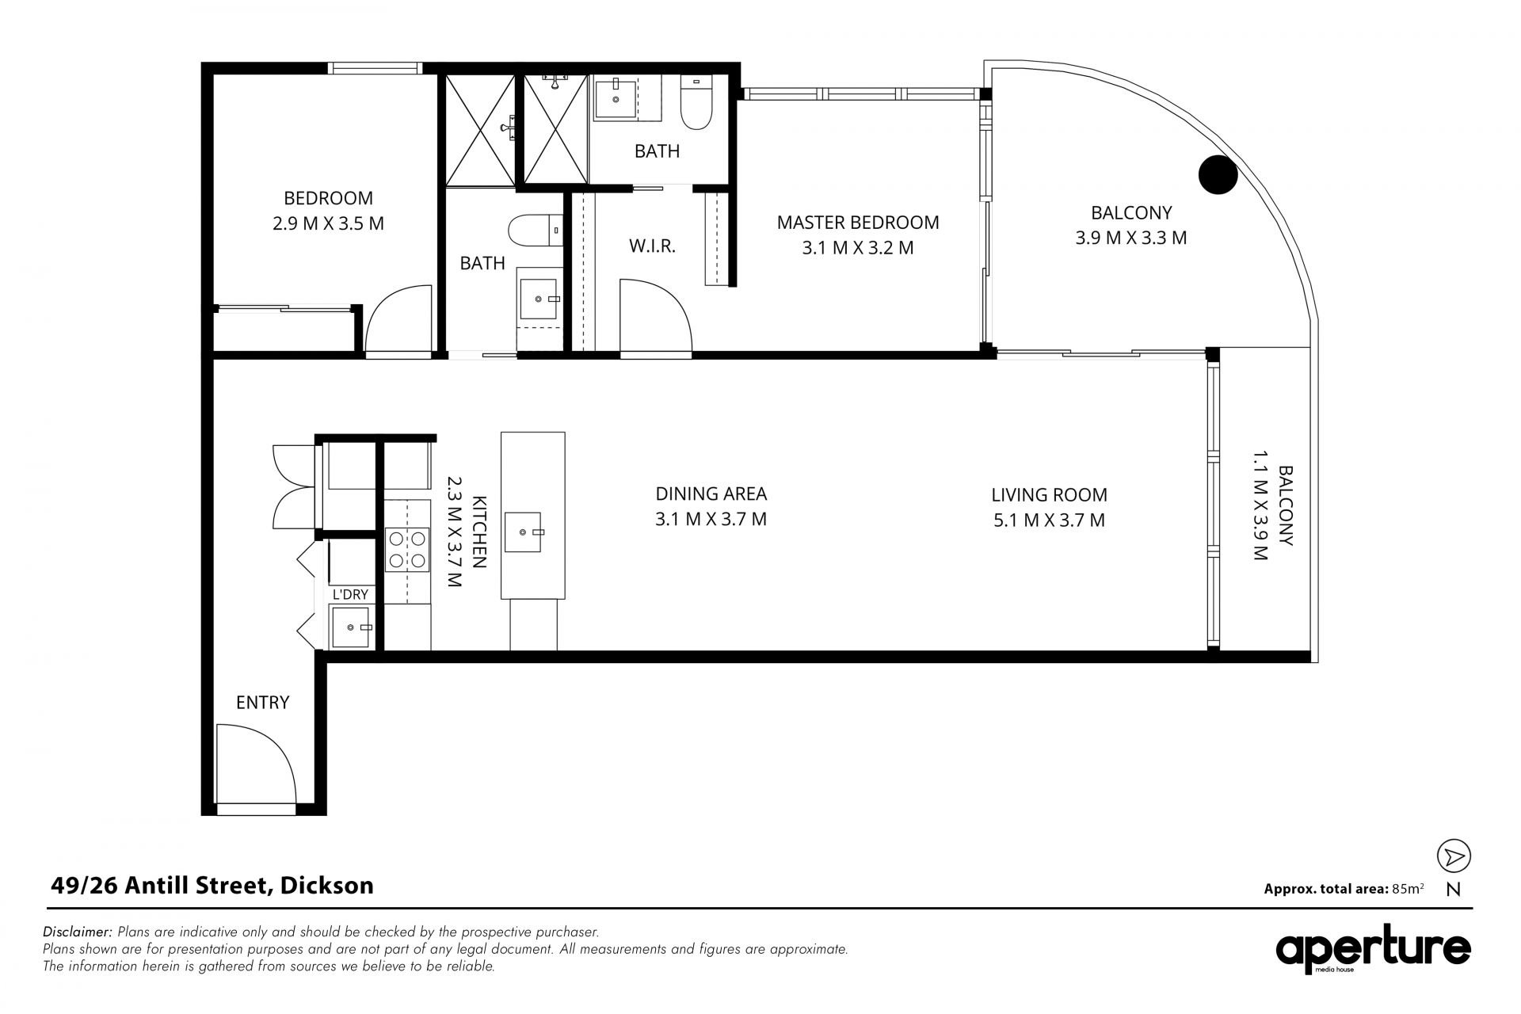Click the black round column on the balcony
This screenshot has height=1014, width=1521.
1218,175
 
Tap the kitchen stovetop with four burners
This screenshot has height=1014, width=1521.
407,550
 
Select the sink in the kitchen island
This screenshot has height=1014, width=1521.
525,532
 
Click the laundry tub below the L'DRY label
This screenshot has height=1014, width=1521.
352,627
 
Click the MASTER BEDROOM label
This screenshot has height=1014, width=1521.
858,223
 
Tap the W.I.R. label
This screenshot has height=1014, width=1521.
652,246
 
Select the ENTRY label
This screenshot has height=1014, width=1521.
263,703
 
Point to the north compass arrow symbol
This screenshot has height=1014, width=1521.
1454,856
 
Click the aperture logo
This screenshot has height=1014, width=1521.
1373,949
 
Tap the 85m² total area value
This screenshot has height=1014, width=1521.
1408,888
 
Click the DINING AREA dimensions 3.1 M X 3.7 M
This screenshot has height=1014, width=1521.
711,520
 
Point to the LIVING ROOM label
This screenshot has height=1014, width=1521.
1050,495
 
